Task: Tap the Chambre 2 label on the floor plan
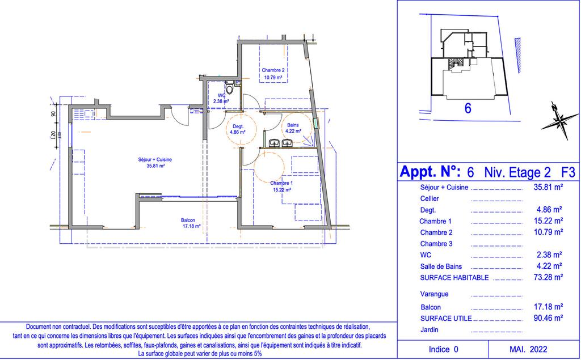(273, 70)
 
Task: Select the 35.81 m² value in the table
(549, 187)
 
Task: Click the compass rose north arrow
(559, 120)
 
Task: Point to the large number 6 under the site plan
(468, 108)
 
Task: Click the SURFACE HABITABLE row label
(454, 277)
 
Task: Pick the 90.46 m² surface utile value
(549, 318)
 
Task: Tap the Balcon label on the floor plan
(188, 220)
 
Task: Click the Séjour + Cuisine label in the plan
(155, 160)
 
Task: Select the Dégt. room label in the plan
(238, 126)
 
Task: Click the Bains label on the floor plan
(293, 125)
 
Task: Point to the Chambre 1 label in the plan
(281, 183)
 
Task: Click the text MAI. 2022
(528, 349)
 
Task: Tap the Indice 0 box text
(444, 349)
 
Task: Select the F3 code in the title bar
(568, 172)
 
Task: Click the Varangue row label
(434, 294)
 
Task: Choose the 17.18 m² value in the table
(549, 307)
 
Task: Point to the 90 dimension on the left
(54, 114)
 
